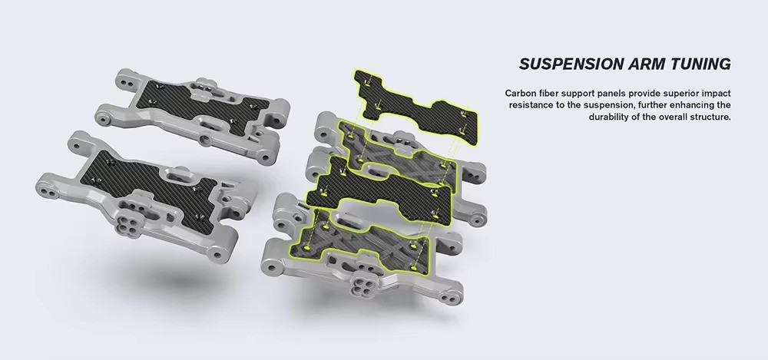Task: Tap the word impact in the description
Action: [x=717, y=93]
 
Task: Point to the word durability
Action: [x=609, y=117]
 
